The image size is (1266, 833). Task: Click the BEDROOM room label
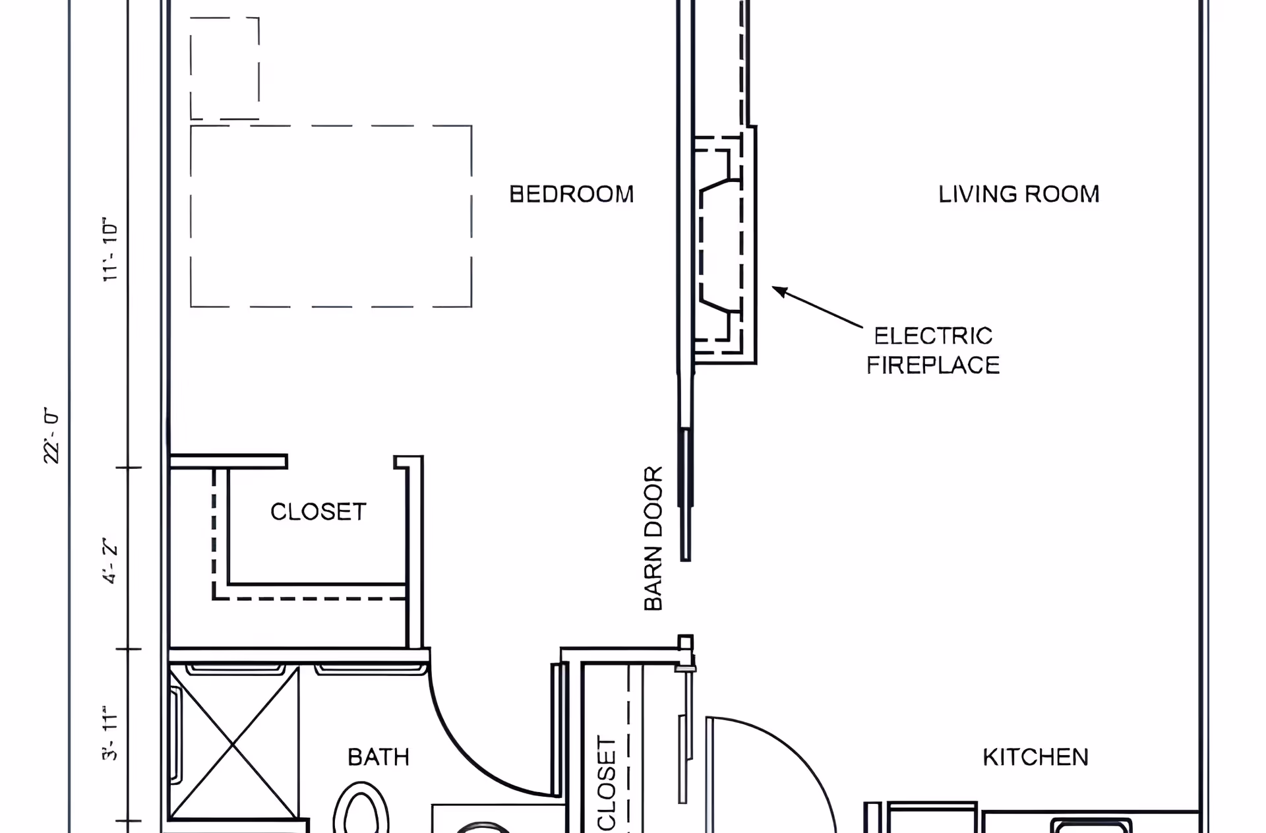click(x=572, y=194)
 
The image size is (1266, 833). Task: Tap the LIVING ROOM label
click(x=1019, y=194)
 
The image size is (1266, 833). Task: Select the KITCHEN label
click(x=1035, y=757)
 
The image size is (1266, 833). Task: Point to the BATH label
click(x=378, y=757)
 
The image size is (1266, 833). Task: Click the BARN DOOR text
click(x=653, y=538)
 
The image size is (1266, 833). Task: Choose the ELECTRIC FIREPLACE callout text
click(x=933, y=350)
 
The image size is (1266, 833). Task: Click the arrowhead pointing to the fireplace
click(x=779, y=291)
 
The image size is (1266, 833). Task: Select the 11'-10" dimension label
click(x=110, y=249)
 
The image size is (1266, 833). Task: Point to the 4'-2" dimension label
click(x=110, y=563)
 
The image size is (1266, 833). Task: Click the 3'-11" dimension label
click(x=110, y=736)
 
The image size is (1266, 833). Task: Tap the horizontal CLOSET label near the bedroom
click(x=318, y=512)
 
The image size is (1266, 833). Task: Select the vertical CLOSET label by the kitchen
click(x=606, y=784)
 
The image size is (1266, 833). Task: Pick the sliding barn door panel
click(x=686, y=495)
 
